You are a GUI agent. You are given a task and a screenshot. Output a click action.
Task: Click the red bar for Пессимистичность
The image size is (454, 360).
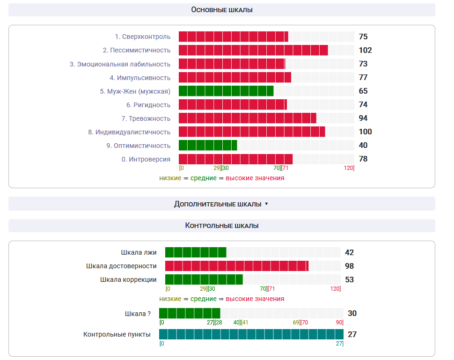253,50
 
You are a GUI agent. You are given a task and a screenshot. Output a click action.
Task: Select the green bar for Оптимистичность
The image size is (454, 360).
208,145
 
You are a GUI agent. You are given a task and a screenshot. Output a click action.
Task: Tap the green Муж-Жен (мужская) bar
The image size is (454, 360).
226,91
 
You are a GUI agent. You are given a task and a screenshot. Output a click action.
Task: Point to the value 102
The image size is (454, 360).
365,50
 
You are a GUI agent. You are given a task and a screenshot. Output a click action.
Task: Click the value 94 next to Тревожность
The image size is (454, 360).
363,118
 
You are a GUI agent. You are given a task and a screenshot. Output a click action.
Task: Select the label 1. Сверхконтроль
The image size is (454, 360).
143,37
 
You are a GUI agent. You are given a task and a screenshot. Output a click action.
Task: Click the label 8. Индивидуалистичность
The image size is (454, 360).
129,132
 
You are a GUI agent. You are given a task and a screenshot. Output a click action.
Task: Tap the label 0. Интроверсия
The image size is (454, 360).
146,159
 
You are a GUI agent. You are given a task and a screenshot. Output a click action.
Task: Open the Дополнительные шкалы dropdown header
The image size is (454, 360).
221,204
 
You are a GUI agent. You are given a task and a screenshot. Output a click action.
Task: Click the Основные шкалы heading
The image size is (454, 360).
221,10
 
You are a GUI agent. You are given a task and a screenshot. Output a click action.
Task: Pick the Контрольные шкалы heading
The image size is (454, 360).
221,226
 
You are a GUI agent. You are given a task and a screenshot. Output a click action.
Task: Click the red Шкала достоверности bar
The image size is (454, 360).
237,266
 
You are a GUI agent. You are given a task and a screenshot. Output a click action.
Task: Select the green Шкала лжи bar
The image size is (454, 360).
196,252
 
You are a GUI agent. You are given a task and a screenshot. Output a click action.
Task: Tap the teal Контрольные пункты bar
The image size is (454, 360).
251,334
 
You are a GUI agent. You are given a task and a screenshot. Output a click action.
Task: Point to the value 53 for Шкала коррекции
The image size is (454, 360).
349,279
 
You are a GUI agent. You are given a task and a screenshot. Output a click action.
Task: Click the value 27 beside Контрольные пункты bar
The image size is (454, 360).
352,334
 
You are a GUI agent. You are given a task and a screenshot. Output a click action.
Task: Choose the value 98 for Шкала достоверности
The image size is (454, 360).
349,266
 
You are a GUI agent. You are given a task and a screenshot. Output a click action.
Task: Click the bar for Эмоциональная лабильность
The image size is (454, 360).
232,64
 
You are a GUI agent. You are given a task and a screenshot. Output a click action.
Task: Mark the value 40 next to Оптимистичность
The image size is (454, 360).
363,145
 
